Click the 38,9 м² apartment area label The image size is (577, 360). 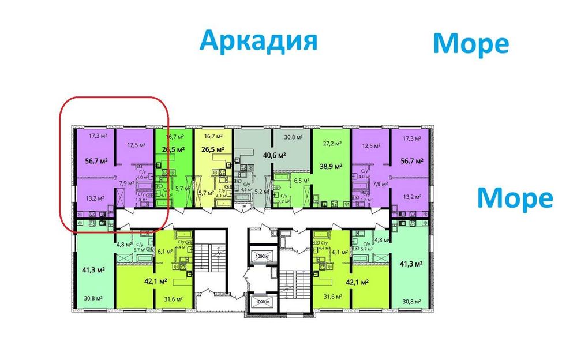click(332, 166)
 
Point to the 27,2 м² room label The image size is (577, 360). click(332, 144)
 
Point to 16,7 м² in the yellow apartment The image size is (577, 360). click(213, 137)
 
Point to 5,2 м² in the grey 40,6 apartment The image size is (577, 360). click(260, 191)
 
